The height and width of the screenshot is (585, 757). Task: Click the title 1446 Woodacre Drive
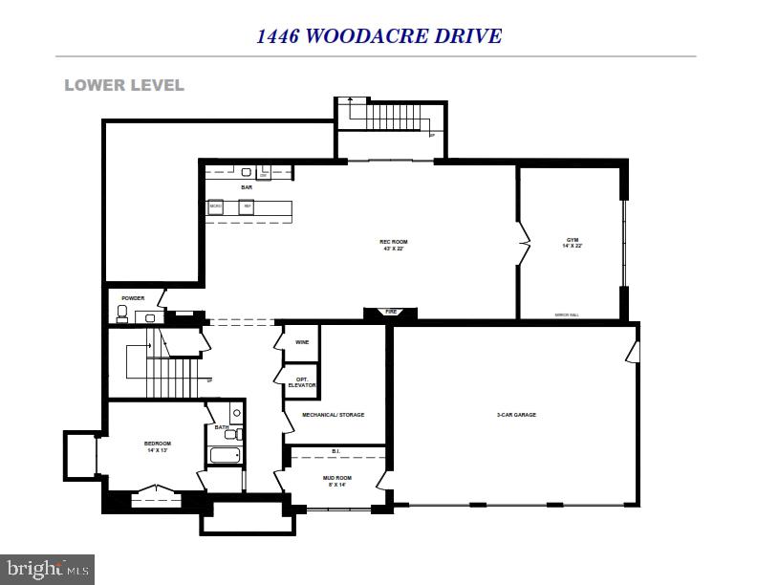pos(378,36)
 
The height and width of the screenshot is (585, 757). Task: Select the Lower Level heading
pos(124,85)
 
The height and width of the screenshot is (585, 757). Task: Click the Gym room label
pos(573,242)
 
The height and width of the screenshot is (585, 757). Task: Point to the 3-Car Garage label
pos(516,415)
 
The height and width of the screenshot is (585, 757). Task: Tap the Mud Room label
pos(336,480)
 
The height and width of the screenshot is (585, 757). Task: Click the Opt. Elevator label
pos(303,381)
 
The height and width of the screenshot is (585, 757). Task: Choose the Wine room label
pos(302,341)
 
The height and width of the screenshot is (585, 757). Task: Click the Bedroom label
pos(157,445)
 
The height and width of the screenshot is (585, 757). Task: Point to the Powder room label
pos(133,298)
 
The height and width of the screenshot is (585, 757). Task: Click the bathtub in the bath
pos(225,455)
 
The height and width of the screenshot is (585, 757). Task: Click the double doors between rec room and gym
pos(523,244)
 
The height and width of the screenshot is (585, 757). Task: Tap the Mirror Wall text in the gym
pos(568,314)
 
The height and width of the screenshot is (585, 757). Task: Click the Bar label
pos(246,187)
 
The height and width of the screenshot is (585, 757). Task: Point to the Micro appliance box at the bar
pos(216,206)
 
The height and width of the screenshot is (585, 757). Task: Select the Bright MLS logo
pos(47,570)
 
